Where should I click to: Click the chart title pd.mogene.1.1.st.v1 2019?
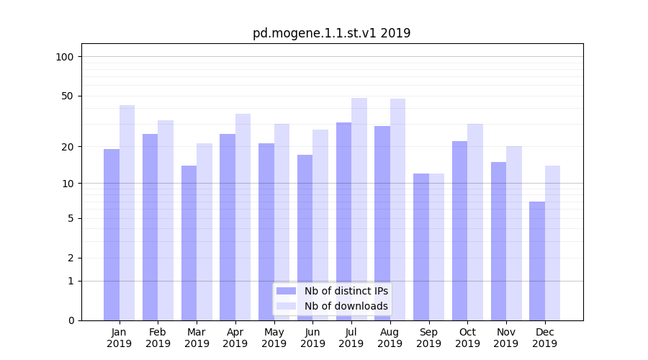[x=331, y=33]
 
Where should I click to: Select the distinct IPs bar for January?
[x=112, y=234]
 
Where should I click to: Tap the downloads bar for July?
[x=359, y=209]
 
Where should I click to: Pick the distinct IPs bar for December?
[x=537, y=261]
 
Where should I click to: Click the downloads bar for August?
[x=398, y=209]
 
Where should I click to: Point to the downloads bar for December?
[x=552, y=243]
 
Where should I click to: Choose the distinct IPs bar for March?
[x=189, y=243]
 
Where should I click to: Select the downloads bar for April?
[x=243, y=216]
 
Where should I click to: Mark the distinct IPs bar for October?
[x=460, y=230]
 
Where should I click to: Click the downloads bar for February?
[x=166, y=220]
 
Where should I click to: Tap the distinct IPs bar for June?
[x=305, y=238]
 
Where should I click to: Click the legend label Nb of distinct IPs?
[x=346, y=291]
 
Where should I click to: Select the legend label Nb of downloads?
[x=346, y=306]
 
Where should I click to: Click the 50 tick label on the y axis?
[x=68, y=96]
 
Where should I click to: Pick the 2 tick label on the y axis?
[x=71, y=258]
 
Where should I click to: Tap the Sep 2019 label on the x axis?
[x=428, y=338]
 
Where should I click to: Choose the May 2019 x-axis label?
[x=274, y=338]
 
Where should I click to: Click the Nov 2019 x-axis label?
[x=506, y=338]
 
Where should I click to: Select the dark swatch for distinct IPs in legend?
[x=287, y=291]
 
